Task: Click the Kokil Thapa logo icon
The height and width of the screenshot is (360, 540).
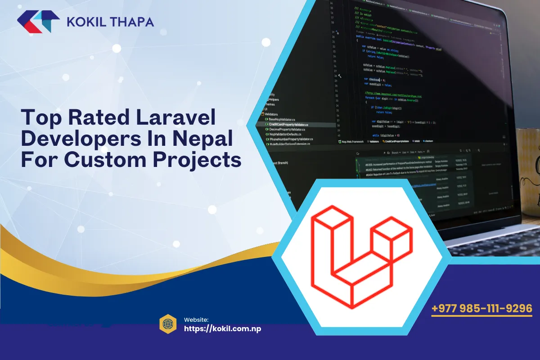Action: coord(38,22)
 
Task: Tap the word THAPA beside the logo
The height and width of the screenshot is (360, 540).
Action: coord(132,22)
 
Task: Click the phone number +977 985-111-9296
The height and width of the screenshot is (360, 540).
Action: coord(482,309)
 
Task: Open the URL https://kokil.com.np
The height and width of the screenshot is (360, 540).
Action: coord(223,328)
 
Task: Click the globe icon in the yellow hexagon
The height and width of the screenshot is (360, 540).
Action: coord(168,324)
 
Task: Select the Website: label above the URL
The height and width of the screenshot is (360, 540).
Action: coord(196,319)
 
